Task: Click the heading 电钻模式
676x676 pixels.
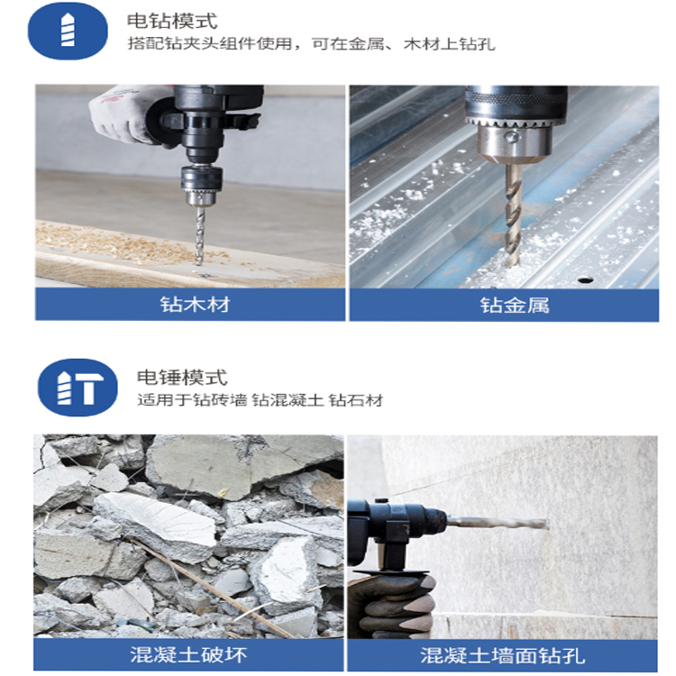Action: [x=171, y=21]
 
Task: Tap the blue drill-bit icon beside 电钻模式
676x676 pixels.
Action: [x=68, y=31]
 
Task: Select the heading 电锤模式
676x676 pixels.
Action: [x=181, y=378]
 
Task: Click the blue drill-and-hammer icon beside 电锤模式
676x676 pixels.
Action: [x=78, y=388]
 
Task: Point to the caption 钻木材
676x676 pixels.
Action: [x=195, y=305]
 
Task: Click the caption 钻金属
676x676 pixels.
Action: [x=515, y=305]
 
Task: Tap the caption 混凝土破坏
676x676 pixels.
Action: [x=188, y=654]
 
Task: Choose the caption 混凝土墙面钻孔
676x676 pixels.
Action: [x=503, y=655]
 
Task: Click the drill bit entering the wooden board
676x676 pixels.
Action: [x=199, y=234]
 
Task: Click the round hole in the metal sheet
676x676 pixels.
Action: [x=585, y=280]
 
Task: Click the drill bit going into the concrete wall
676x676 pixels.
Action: [x=498, y=523]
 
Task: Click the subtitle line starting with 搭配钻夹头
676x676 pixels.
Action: [x=311, y=44]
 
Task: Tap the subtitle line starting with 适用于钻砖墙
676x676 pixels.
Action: [x=260, y=400]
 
